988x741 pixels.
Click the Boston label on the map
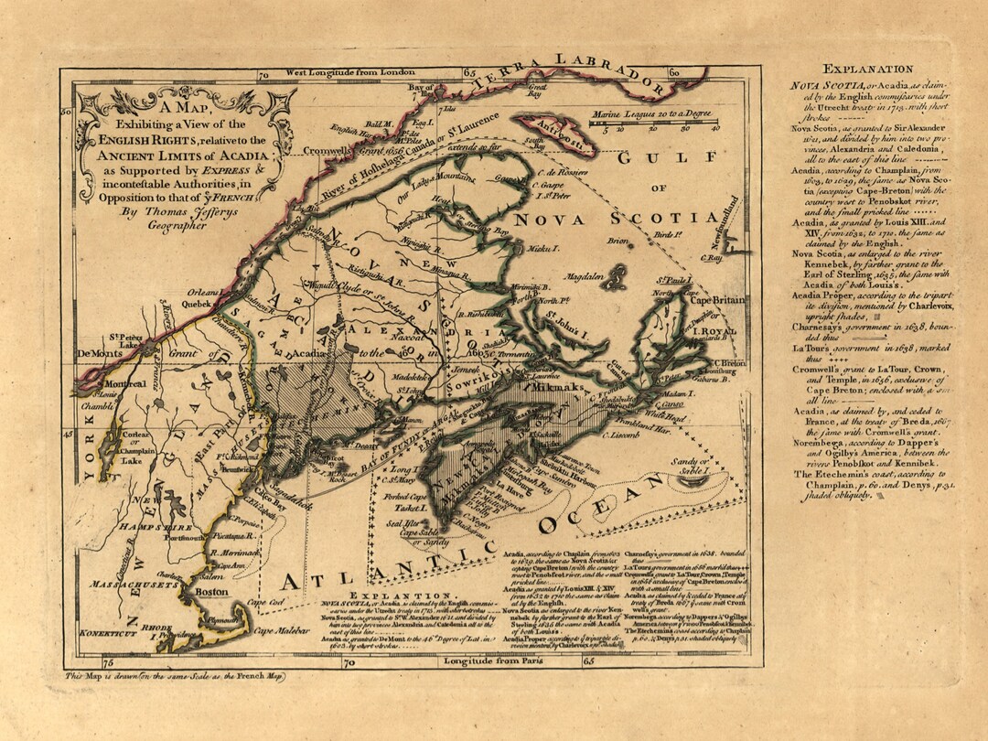(x=212, y=592)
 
